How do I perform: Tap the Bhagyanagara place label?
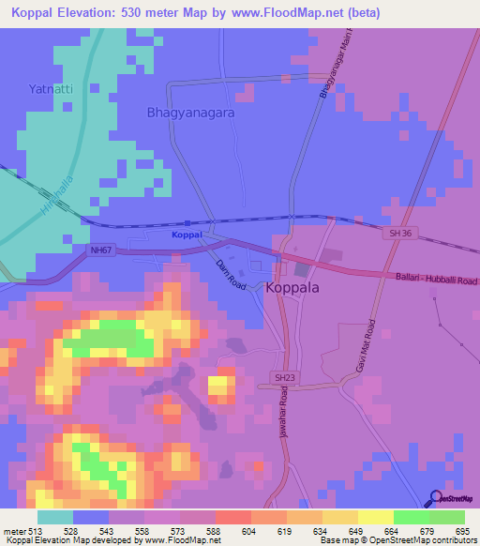(x=190, y=113)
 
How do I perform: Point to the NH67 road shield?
(x=102, y=249)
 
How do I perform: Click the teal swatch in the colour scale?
(x=55, y=517)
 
